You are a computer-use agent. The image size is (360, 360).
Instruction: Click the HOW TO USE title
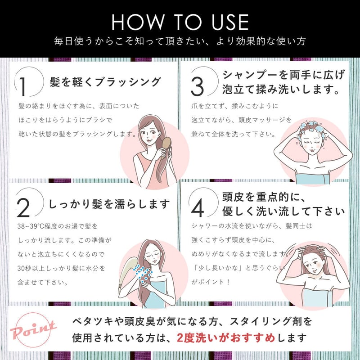180,22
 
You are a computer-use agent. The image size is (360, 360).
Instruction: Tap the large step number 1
22,86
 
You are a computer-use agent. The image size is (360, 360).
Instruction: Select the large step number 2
23,208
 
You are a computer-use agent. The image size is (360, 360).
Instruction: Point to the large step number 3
197,86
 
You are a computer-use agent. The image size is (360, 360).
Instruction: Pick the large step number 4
198,208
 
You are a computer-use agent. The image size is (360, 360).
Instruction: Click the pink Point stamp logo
33,330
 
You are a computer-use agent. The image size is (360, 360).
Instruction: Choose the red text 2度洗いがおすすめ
226,338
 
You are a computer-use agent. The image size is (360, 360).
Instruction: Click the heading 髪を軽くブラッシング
105,82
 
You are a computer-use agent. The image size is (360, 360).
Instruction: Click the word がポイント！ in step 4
210,282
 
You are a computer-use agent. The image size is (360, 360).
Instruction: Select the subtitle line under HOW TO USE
180,41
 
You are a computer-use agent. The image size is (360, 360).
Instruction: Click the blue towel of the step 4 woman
316,297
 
